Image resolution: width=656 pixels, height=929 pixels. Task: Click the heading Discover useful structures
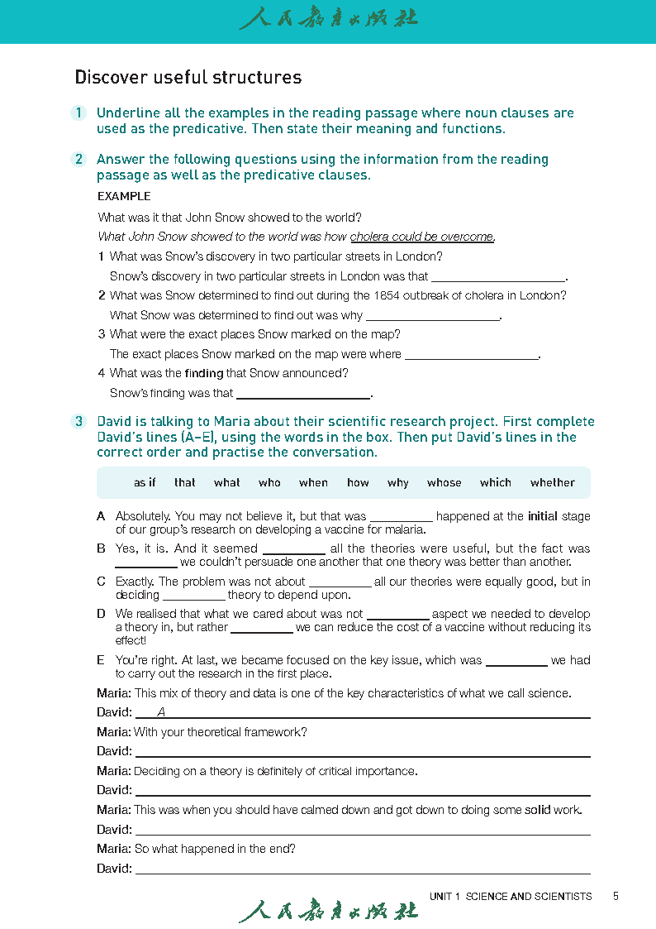pyautogui.click(x=188, y=78)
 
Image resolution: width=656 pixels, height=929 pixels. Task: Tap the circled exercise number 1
pyautogui.click(x=78, y=113)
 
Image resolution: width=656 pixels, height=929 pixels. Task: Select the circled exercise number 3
pyautogui.click(x=78, y=422)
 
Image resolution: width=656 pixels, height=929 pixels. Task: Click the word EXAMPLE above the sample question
pyautogui.click(x=124, y=197)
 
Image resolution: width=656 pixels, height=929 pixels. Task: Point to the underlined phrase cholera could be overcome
pyautogui.click(x=422, y=237)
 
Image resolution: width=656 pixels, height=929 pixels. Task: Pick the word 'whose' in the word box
pyautogui.click(x=444, y=483)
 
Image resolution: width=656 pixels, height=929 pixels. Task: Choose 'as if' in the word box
pyautogui.click(x=145, y=483)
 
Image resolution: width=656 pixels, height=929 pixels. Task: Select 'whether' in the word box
pyautogui.click(x=553, y=483)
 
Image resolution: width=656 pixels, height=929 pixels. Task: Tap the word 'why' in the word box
pyautogui.click(x=397, y=483)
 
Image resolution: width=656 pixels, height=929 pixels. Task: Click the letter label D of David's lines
pyautogui.click(x=101, y=614)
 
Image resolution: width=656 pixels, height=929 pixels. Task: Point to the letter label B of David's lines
pyautogui.click(x=101, y=548)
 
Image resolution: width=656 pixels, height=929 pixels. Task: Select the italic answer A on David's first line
pyautogui.click(x=161, y=712)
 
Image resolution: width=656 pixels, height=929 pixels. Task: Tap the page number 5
pyautogui.click(x=616, y=896)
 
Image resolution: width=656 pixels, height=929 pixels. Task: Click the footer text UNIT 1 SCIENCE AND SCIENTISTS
pyautogui.click(x=510, y=896)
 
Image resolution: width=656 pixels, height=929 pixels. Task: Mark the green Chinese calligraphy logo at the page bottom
pyautogui.click(x=328, y=910)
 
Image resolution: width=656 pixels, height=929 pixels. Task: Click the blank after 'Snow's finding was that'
pyautogui.click(x=303, y=394)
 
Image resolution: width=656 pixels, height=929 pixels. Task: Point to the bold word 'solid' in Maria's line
pyautogui.click(x=538, y=810)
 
